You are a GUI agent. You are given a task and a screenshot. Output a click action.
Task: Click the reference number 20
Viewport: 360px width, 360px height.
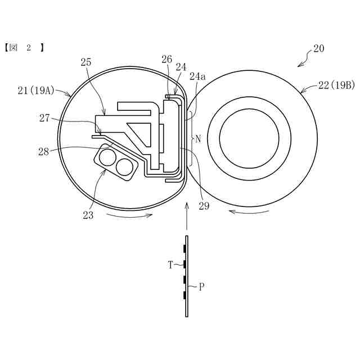coord(319,48)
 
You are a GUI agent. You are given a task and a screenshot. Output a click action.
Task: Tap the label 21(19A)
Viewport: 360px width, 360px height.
coord(36,91)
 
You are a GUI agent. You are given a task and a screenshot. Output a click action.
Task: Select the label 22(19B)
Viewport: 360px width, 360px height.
coord(336,85)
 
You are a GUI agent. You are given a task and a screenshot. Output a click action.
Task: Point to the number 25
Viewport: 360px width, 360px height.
coord(86,62)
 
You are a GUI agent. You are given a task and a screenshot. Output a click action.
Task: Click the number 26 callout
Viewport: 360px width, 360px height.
coord(166,59)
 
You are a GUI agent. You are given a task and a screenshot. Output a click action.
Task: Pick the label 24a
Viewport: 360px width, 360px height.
coord(197,76)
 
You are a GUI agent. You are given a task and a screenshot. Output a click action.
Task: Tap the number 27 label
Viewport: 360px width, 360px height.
coord(44,118)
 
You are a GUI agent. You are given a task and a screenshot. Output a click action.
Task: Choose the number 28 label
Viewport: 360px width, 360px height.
coord(44,152)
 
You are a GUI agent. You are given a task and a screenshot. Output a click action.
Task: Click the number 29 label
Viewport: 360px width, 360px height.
coord(204,206)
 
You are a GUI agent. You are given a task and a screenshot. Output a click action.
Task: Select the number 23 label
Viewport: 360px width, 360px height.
coord(88,215)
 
